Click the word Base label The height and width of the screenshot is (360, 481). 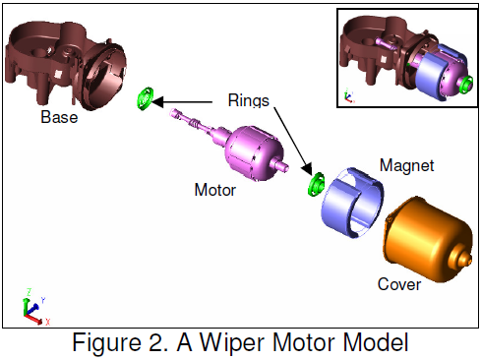coord(59,118)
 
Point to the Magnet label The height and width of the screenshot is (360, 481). coord(406,166)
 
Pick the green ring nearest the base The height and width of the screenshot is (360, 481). coord(144,98)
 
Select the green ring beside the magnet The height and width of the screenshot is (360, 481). coord(317,183)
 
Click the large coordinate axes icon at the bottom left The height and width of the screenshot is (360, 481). coord(31,308)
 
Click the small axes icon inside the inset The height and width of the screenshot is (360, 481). coord(347,96)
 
